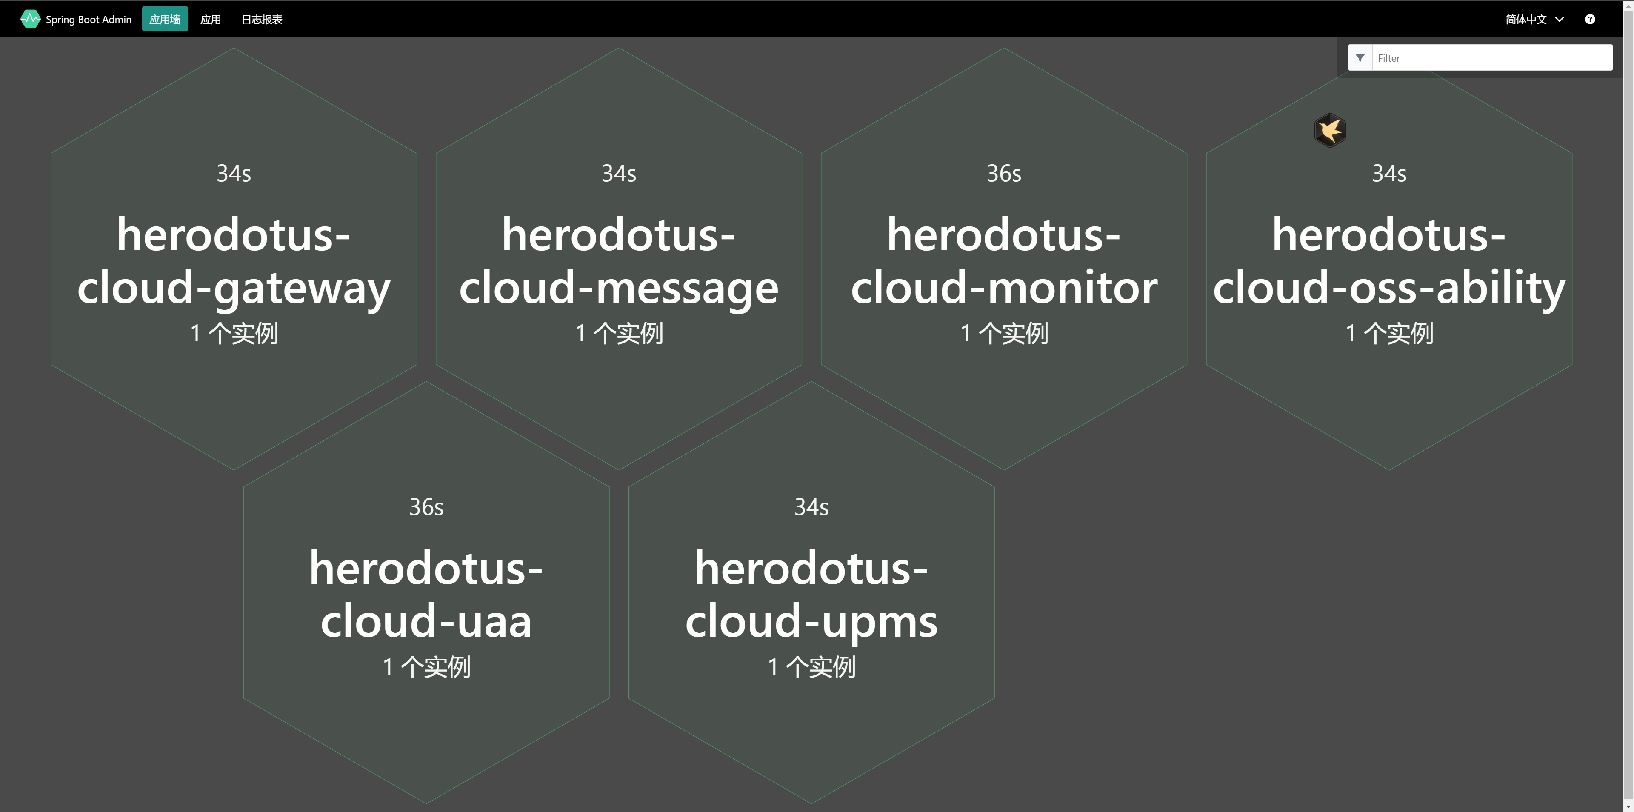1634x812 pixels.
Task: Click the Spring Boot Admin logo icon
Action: [x=30, y=19]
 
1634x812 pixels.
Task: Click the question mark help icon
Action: [x=1590, y=19]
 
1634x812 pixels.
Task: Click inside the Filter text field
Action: [x=1491, y=58]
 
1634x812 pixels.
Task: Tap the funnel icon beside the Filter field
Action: [x=1360, y=58]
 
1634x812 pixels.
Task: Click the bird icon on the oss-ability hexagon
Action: [x=1329, y=131]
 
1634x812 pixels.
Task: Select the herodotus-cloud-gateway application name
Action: [x=234, y=261]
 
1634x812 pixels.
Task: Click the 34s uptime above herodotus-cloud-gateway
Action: [x=234, y=173]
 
